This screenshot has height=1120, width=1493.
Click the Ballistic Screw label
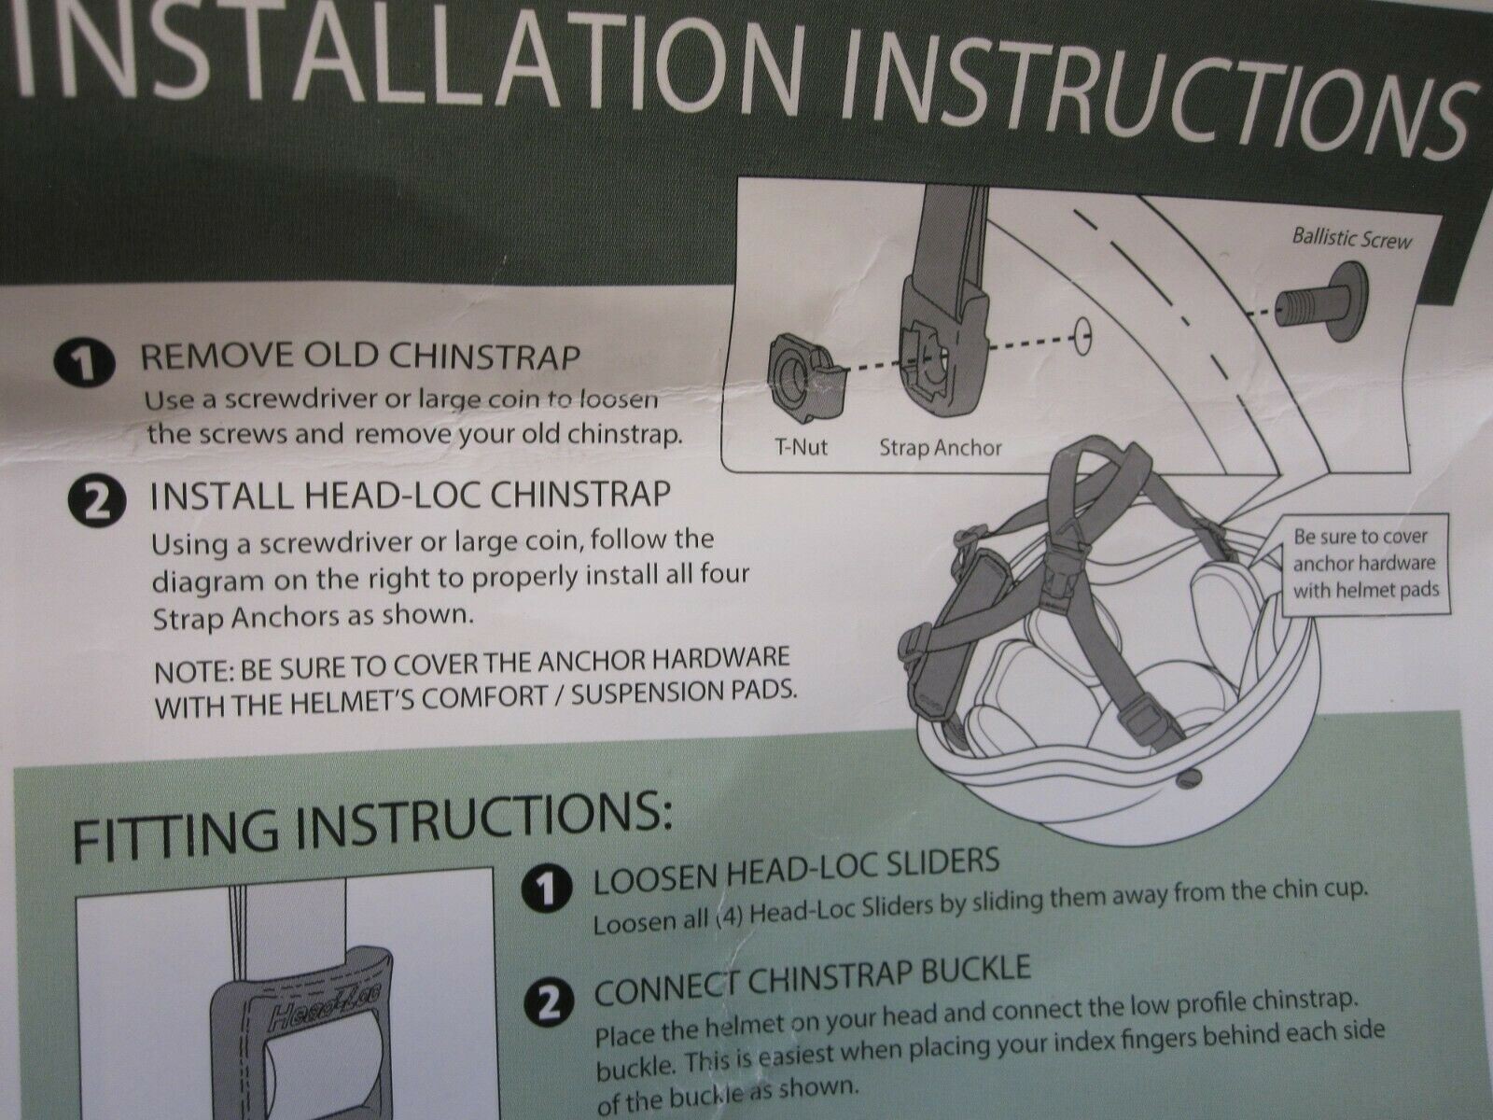[1351, 238]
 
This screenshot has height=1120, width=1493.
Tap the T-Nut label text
[801, 447]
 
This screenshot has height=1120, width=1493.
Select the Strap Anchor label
[940, 448]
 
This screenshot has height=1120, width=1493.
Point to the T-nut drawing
[802, 372]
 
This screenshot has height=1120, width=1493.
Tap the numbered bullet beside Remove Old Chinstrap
[83, 365]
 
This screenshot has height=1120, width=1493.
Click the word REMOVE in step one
[215, 357]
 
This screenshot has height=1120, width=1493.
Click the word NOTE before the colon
[192, 672]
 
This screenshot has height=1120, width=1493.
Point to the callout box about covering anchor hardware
[1367, 564]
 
